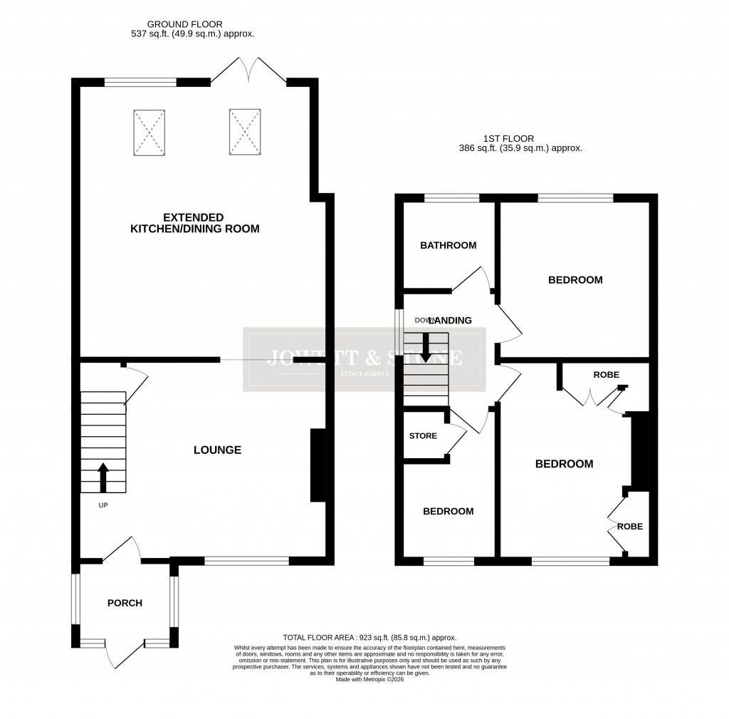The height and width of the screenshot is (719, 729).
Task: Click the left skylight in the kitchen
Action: pyautogui.click(x=149, y=133)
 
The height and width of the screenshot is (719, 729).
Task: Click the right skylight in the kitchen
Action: pyautogui.click(x=246, y=132)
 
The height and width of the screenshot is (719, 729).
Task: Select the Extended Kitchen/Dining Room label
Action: pyautogui.click(x=194, y=223)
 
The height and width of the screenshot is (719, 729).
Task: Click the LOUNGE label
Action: pyautogui.click(x=217, y=450)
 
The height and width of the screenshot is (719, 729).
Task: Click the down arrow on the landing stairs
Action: pyautogui.click(x=426, y=347)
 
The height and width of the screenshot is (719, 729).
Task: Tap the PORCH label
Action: pyautogui.click(x=125, y=603)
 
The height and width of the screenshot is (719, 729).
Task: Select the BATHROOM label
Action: pyautogui.click(x=448, y=246)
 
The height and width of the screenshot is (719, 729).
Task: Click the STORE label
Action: pyautogui.click(x=423, y=436)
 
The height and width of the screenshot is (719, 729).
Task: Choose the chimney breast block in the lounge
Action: pyautogui.click(x=318, y=466)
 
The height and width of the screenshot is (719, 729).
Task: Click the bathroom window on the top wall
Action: pyautogui.click(x=451, y=198)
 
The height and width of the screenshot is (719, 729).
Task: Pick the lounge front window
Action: pyautogui.click(x=246, y=561)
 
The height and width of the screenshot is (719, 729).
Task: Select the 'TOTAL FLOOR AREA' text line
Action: pyautogui.click(x=369, y=638)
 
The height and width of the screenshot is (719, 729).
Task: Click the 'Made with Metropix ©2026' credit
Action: pyautogui.click(x=369, y=680)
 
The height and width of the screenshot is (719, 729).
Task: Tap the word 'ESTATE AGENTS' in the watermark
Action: pyautogui.click(x=364, y=374)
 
